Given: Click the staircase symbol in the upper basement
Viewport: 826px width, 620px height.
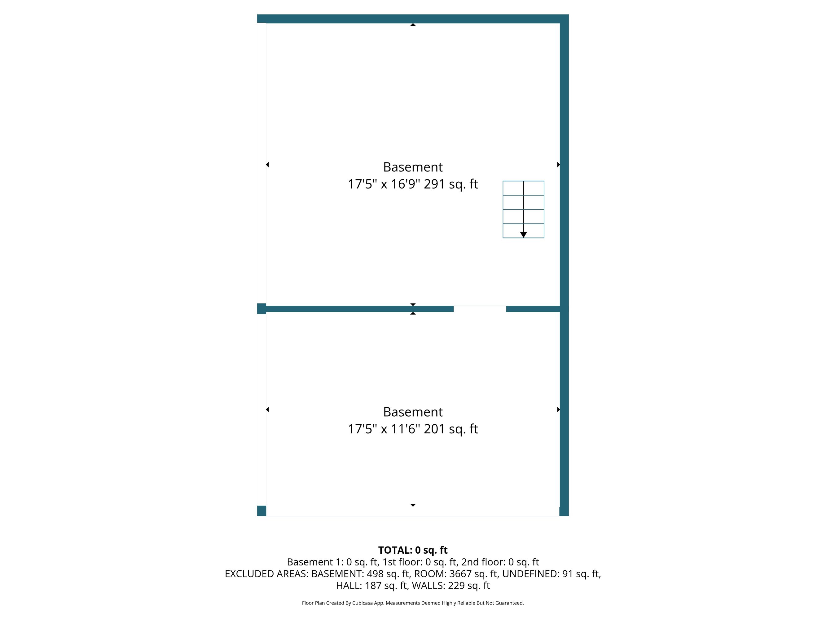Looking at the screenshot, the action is point(523,209).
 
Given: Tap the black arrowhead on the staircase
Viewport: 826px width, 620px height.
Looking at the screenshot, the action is point(524,235).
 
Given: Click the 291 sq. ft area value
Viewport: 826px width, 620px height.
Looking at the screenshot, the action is point(451,184).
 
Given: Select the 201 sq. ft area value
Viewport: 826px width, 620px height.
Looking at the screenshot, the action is point(451,429).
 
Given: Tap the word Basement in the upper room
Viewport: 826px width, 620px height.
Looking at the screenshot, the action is point(413,167).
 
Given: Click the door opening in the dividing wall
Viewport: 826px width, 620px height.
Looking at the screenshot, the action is point(480,309).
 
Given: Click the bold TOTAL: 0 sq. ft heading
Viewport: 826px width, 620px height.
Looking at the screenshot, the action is point(413,550).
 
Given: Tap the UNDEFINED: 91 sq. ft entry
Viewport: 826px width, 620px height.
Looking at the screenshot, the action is point(551,574).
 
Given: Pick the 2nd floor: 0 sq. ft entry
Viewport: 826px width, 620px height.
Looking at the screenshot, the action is point(500,562).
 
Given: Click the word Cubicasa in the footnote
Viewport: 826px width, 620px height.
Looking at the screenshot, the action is point(362,603).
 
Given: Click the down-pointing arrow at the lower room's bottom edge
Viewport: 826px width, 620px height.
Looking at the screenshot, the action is point(413,505).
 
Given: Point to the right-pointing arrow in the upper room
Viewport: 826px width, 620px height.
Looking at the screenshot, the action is point(559,164).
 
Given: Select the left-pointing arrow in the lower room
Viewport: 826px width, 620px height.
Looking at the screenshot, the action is point(267,410).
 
